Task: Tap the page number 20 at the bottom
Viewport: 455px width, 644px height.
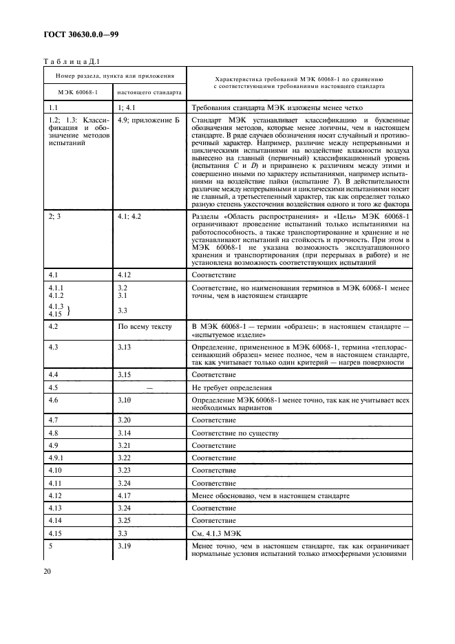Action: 49,571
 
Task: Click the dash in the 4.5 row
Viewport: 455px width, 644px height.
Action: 149,388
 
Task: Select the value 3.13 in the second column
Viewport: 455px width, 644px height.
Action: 125,347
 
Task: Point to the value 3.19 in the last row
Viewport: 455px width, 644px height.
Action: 125,546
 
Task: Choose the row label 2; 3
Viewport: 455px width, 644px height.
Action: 54,216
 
